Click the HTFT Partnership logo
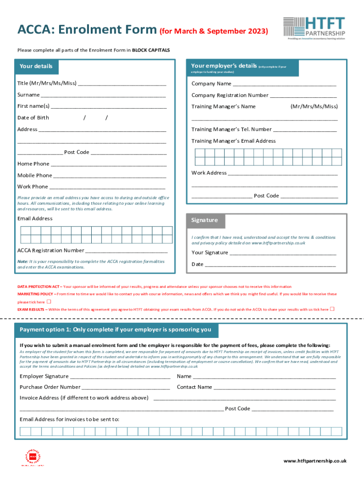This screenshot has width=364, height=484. (314, 28)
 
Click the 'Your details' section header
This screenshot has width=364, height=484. (36, 66)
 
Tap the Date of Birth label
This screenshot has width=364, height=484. (33, 118)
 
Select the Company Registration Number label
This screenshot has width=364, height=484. (230, 95)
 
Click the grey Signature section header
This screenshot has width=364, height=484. (205, 220)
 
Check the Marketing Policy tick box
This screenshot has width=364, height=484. (49, 302)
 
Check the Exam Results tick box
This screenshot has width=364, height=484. (332, 309)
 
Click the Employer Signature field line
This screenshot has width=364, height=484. (120, 377)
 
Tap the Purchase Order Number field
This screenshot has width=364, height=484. (126, 388)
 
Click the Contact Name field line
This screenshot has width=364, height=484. (275, 388)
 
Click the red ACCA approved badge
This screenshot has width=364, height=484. (33, 457)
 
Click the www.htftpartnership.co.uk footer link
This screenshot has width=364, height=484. (315, 461)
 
